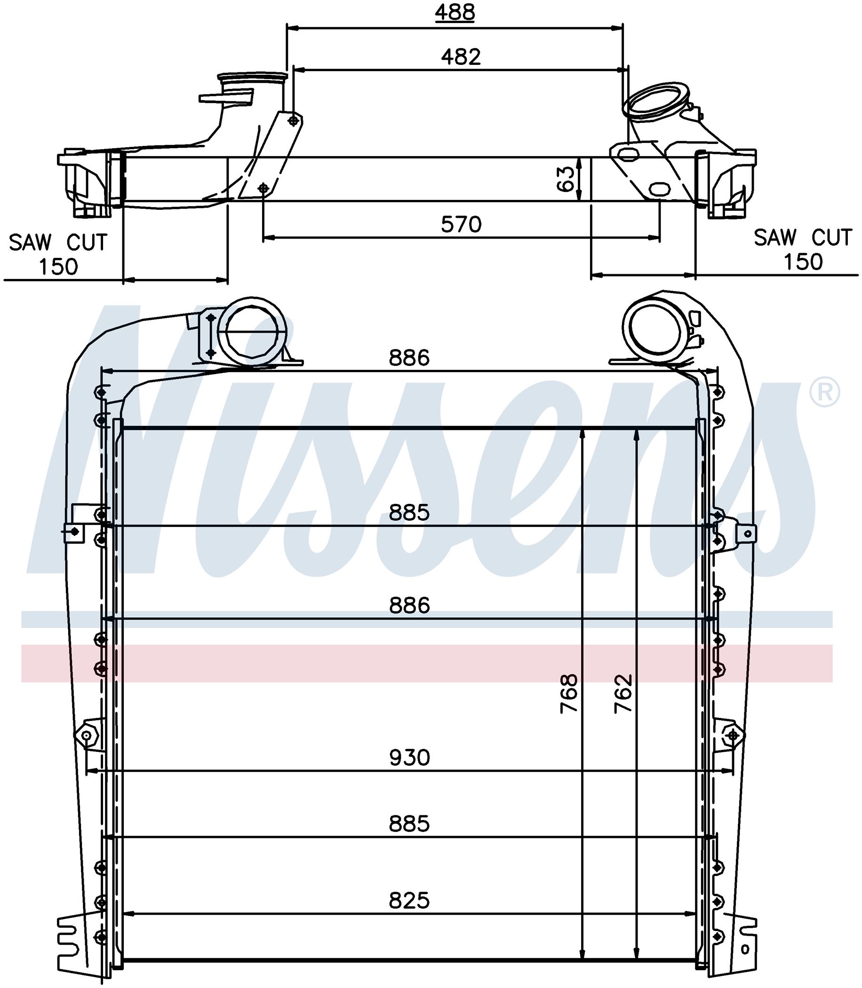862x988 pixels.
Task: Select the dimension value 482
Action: (461, 57)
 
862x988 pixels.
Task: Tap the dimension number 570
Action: (461, 224)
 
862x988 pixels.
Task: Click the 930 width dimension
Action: (409, 757)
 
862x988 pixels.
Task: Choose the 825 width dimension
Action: (409, 900)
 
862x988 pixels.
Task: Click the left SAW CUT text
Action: (58, 242)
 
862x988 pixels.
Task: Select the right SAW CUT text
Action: (803, 238)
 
